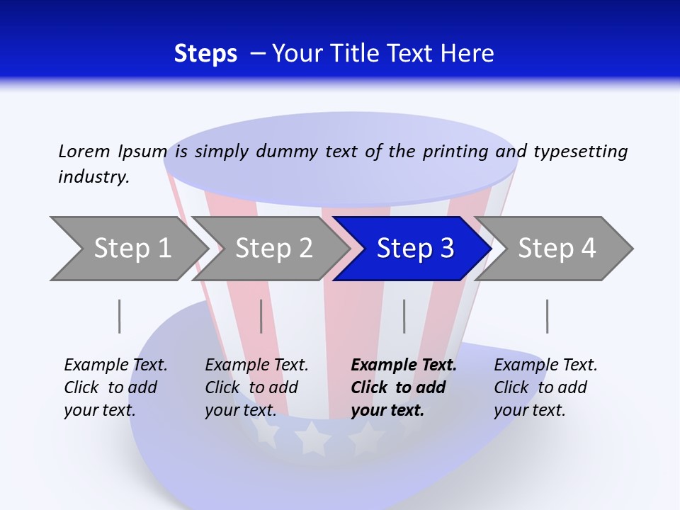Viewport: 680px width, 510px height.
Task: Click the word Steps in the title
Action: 205,53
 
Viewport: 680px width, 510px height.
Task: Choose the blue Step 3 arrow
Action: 415,248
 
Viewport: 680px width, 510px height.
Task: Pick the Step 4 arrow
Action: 557,248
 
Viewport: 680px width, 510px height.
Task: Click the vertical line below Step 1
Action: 120,316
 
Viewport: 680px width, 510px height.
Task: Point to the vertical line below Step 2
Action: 261,316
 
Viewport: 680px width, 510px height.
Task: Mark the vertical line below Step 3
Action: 404,316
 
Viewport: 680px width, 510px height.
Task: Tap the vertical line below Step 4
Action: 548,316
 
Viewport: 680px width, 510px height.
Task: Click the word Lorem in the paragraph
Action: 84,151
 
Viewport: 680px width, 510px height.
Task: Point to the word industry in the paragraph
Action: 93,177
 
